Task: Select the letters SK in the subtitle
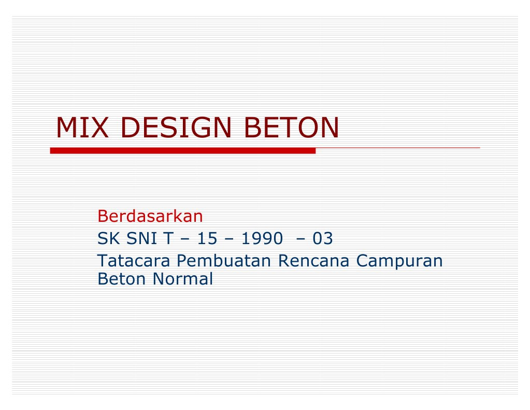pyautogui.click(x=106, y=239)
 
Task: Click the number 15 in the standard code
pyautogui.click(x=206, y=239)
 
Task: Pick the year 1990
pyautogui.click(x=262, y=239)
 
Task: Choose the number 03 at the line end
pyautogui.click(x=322, y=239)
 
